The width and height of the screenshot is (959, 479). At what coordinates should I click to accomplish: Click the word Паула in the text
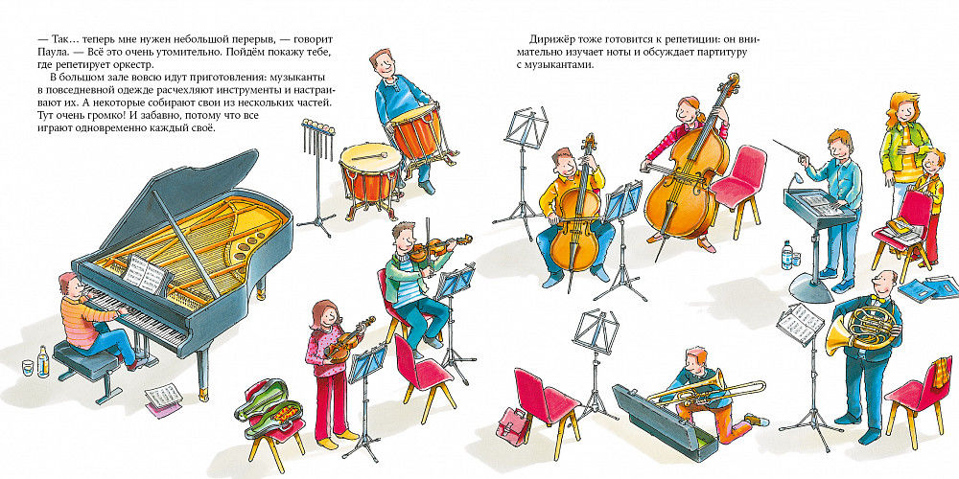click(x=50, y=52)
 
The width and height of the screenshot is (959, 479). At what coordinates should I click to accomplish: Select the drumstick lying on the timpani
click(x=369, y=156)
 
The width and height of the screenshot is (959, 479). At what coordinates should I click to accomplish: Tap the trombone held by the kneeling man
click(x=710, y=392)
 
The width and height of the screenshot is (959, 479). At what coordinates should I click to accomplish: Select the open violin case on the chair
click(x=268, y=409)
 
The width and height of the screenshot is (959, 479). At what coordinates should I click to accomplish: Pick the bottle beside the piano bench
click(x=43, y=361)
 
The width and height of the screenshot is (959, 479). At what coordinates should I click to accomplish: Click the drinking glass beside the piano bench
click(x=28, y=368)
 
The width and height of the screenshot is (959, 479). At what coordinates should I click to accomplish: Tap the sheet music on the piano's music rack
click(x=145, y=274)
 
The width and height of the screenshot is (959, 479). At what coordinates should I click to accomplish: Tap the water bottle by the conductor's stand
click(x=786, y=255)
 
